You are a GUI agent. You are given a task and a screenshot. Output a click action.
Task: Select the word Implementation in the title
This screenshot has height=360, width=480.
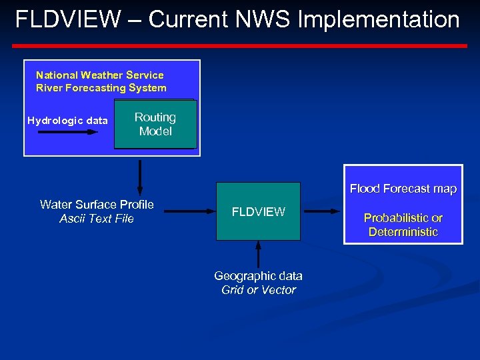[x=378, y=19]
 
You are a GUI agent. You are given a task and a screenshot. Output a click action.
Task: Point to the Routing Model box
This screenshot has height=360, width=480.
[x=155, y=124]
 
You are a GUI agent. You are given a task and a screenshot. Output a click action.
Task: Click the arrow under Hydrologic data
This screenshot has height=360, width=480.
[x=67, y=132]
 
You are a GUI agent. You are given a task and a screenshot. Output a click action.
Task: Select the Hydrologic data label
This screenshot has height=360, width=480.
[x=67, y=121]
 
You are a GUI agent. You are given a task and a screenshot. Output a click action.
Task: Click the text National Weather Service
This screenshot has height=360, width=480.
[x=99, y=75]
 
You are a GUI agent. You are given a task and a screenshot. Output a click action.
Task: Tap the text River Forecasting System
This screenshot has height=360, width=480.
[x=101, y=88]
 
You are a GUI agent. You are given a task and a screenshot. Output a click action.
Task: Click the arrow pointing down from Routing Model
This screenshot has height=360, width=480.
[x=139, y=176]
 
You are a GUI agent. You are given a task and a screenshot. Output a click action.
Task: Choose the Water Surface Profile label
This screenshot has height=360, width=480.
[x=97, y=205]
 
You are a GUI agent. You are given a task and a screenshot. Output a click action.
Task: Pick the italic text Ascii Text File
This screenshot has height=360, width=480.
[x=97, y=219]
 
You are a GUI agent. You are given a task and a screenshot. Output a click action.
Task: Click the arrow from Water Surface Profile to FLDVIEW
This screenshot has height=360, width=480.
[x=189, y=211]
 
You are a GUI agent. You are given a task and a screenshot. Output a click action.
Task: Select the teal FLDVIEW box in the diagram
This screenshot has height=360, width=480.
[x=258, y=211]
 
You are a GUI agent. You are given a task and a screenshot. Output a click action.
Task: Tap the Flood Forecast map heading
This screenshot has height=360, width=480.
[x=403, y=189]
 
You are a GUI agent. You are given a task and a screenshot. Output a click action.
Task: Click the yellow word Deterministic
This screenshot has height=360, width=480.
[x=403, y=232]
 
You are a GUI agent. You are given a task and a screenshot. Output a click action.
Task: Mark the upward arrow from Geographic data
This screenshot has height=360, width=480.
[x=259, y=254]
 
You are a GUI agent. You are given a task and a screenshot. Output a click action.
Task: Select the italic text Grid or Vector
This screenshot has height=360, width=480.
[x=258, y=290]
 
